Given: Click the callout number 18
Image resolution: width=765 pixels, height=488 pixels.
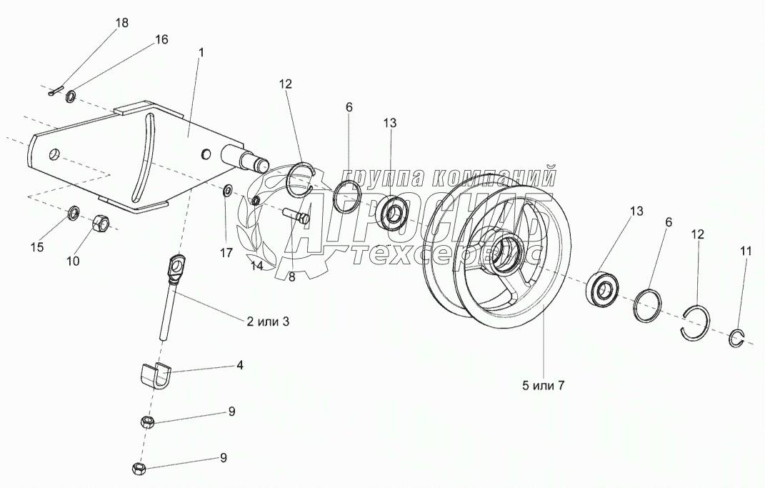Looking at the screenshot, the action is [x=122, y=23].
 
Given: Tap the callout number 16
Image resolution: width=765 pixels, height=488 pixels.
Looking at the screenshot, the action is [x=161, y=39].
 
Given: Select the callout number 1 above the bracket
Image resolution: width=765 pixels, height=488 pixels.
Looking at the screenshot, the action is [x=202, y=52].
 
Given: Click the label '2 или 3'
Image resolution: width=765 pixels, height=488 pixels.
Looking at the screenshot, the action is [x=267, y=322].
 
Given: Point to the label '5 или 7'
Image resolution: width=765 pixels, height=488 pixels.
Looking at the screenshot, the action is [x=543, y=386].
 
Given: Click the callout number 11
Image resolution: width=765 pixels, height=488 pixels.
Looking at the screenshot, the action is [x=745, y=252].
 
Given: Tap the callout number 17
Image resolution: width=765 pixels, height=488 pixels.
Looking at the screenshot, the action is [x=226, y=252].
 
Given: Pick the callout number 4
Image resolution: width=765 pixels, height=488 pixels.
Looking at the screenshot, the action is [x=239, y=365].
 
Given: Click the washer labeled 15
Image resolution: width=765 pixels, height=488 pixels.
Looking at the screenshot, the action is [x=73, y=213].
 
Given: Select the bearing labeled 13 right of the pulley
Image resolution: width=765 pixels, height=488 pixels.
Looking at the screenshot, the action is [x=603, y=289].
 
